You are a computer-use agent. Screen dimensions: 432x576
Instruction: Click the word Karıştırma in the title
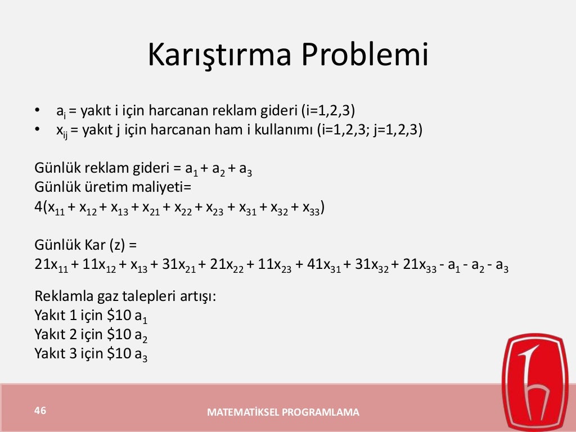click(x=220, y=56)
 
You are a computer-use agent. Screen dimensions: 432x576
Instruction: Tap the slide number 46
click(x=39, y=410)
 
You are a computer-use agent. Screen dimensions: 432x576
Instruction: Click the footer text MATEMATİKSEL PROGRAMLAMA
click(x=283, y=412)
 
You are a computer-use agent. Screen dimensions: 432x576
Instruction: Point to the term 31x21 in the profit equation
click(x=179, y=266)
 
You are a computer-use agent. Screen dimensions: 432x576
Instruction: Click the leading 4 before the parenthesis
click(x=38, y=208)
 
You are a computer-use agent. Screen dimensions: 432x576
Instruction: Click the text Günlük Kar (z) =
click(x=85, y=245)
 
